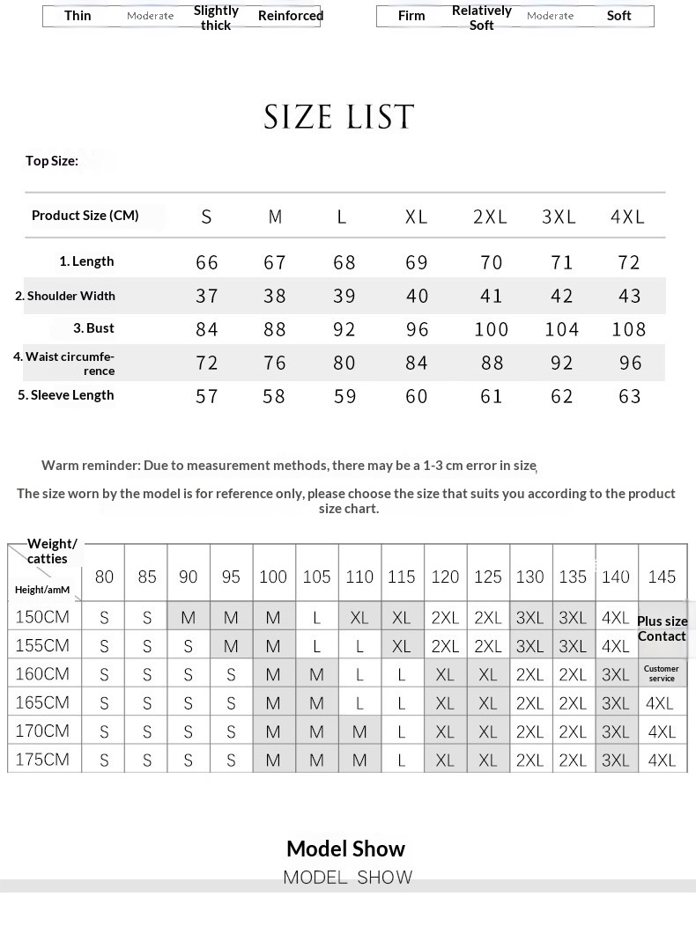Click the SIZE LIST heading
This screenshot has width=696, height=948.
(x=339, y=117)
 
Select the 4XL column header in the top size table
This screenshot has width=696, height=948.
(x=627, y=217)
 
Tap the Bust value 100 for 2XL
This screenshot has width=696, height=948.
(x=491, y=329)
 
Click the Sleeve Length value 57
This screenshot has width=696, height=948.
(x=207, y=396)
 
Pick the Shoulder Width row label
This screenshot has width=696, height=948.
(x=65, y=296)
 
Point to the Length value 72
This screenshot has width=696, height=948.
(x=629, y=262)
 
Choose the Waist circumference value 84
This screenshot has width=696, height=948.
(x=417, y=363)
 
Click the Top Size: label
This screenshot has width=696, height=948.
(x=52, y=160)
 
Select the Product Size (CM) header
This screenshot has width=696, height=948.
(x=85, y=216)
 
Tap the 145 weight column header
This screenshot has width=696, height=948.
(x=662, y=577)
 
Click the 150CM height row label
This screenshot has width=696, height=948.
(x=42, y=617)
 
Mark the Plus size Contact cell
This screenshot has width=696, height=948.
(x=662, y=628)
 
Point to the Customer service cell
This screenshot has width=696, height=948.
(x=662, y=673)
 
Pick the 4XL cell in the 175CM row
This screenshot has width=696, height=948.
(x=662, y=761)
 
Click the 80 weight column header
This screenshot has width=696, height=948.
(x=104, y=577)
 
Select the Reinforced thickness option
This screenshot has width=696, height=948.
(x=291, y=16)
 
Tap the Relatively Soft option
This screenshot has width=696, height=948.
(x=481, y=18)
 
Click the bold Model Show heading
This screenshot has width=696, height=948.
(x=345, y=849)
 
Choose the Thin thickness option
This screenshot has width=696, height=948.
(x=78, y=16)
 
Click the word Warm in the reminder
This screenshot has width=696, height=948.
(x=60, y=465)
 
